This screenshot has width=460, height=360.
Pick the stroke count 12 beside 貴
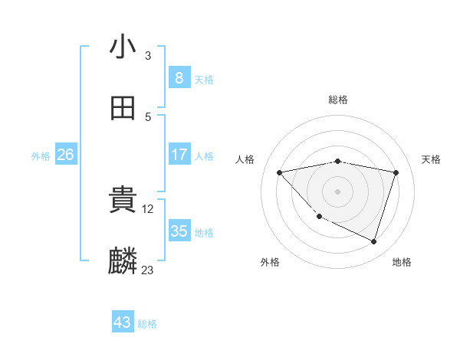click(149, 208)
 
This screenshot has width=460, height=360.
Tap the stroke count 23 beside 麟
click(147, 270)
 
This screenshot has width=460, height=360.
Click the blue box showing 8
click(179, 77)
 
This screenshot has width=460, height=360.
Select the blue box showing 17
click(179, 155)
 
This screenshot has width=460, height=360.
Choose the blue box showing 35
click(179, 231)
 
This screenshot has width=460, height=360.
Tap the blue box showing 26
click(65, 155)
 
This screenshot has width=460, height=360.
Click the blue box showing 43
click(123, 322)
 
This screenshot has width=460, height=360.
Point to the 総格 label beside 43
click(147, 324)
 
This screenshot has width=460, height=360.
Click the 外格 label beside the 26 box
click(41, 155)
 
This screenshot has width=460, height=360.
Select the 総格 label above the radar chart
click(338, 100)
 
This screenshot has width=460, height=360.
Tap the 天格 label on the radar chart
click(432, 159)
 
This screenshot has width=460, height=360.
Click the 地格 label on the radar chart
click(402, 262)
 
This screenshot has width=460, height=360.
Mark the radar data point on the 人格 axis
click(280, 172)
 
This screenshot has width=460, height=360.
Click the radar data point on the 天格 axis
click(396, 172)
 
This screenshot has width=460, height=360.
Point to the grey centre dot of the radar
click(338, 191)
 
